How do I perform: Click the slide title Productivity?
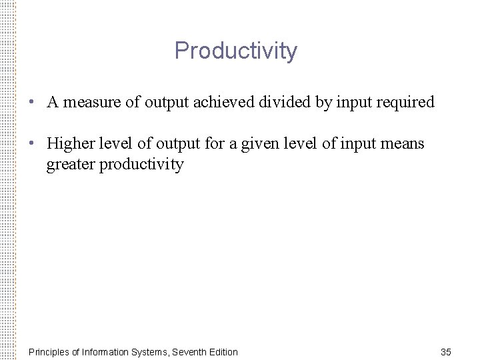pyautogui.click(x=235, y=51)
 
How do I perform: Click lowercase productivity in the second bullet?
pyautogui.click(x=141, y=164)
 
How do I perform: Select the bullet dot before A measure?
pyautogui.click(x=32, y=103)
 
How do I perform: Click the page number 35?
pyautogui.click(x=447, y=351)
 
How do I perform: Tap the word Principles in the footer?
pyautogui.click(x=51, y=351)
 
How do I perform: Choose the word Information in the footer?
pyautogui.click(x=112, y=351)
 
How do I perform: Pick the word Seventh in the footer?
pyautogui.click(x=189, y=351)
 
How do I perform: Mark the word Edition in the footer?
pyautogui.click(x=223, y=351)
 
